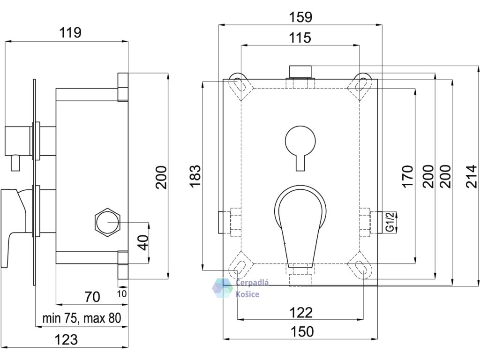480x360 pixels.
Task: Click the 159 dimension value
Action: coord(300,17)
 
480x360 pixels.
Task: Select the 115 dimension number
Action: coord(300,37)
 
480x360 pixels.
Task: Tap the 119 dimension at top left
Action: coord(70,32)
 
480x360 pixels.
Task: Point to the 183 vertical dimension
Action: coord(195,176)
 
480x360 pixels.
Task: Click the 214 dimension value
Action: coord(472,176)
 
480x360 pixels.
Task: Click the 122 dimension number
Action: coord(301,313)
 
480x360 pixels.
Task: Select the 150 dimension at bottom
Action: coord(302,331)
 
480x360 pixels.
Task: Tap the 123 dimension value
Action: coord(66,340)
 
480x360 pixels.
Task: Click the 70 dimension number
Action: coord(92,297)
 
